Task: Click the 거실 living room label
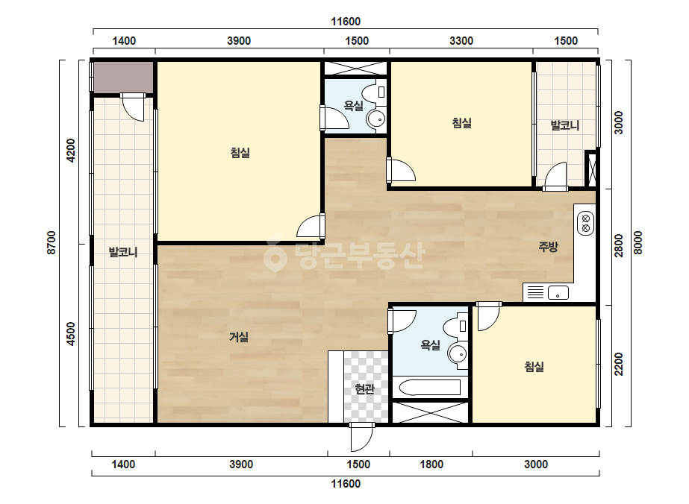(239, 337)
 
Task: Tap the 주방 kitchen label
(549, 247)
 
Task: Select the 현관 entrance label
(365, 389)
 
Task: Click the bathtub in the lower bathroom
(429, 387)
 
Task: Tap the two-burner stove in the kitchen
(586, 223)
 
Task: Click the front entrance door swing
(361, 437)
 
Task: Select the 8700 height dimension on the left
(52, 243)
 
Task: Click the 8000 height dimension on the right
(638, 243)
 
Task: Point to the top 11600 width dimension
(346, 22)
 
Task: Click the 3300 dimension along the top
(461, 41)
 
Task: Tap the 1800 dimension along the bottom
(431, 464)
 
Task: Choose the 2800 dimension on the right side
(619, 246)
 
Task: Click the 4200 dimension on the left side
(71, 151)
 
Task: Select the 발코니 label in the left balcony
(123, 253)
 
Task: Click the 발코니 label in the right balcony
(565, 125)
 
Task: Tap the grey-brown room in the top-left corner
(123, 78)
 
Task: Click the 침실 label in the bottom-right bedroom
(534, 367)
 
